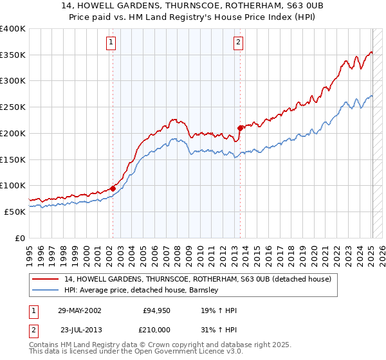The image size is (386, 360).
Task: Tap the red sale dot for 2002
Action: click(113, 188)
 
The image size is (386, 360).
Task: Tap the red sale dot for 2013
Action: click(240, 127)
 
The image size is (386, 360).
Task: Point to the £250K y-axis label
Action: click(12, 107)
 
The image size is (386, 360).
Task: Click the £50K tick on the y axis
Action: click(15, 212)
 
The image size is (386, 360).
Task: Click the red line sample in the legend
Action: click(46, 279)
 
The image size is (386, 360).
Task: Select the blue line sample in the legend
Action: click(46, 290)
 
